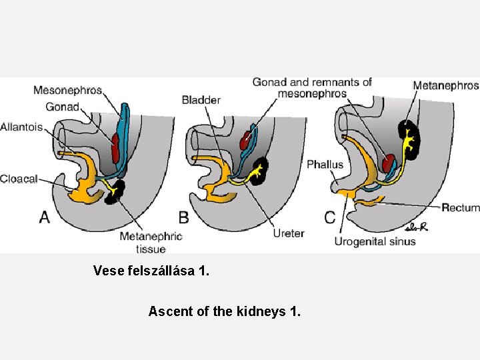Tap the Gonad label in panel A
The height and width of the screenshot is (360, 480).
coord(62,107)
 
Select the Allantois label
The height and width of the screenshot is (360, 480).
coord(21,127)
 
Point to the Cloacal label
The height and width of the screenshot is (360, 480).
coord(19,178)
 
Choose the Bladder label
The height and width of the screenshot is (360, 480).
coord(201,100)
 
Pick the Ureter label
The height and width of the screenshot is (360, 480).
coord(288,233)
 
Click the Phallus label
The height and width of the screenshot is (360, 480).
coord(325,164)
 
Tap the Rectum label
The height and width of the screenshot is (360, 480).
coord(460,208)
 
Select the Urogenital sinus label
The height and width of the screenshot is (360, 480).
coord(375,241)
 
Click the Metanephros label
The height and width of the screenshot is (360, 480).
coord(445,85)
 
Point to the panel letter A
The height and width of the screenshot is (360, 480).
coord(45,217)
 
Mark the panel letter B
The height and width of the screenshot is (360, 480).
coord(183,217)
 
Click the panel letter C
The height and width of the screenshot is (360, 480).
coord(330,217)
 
